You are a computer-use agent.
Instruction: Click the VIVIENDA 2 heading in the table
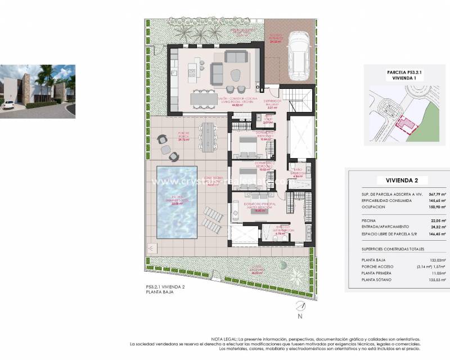[x=397, y=180]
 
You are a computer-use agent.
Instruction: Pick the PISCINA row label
[x=370, y=221]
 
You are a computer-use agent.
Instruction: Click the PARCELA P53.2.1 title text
[x=397, y=73]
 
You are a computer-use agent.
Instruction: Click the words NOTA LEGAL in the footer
[x=224, y=339]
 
